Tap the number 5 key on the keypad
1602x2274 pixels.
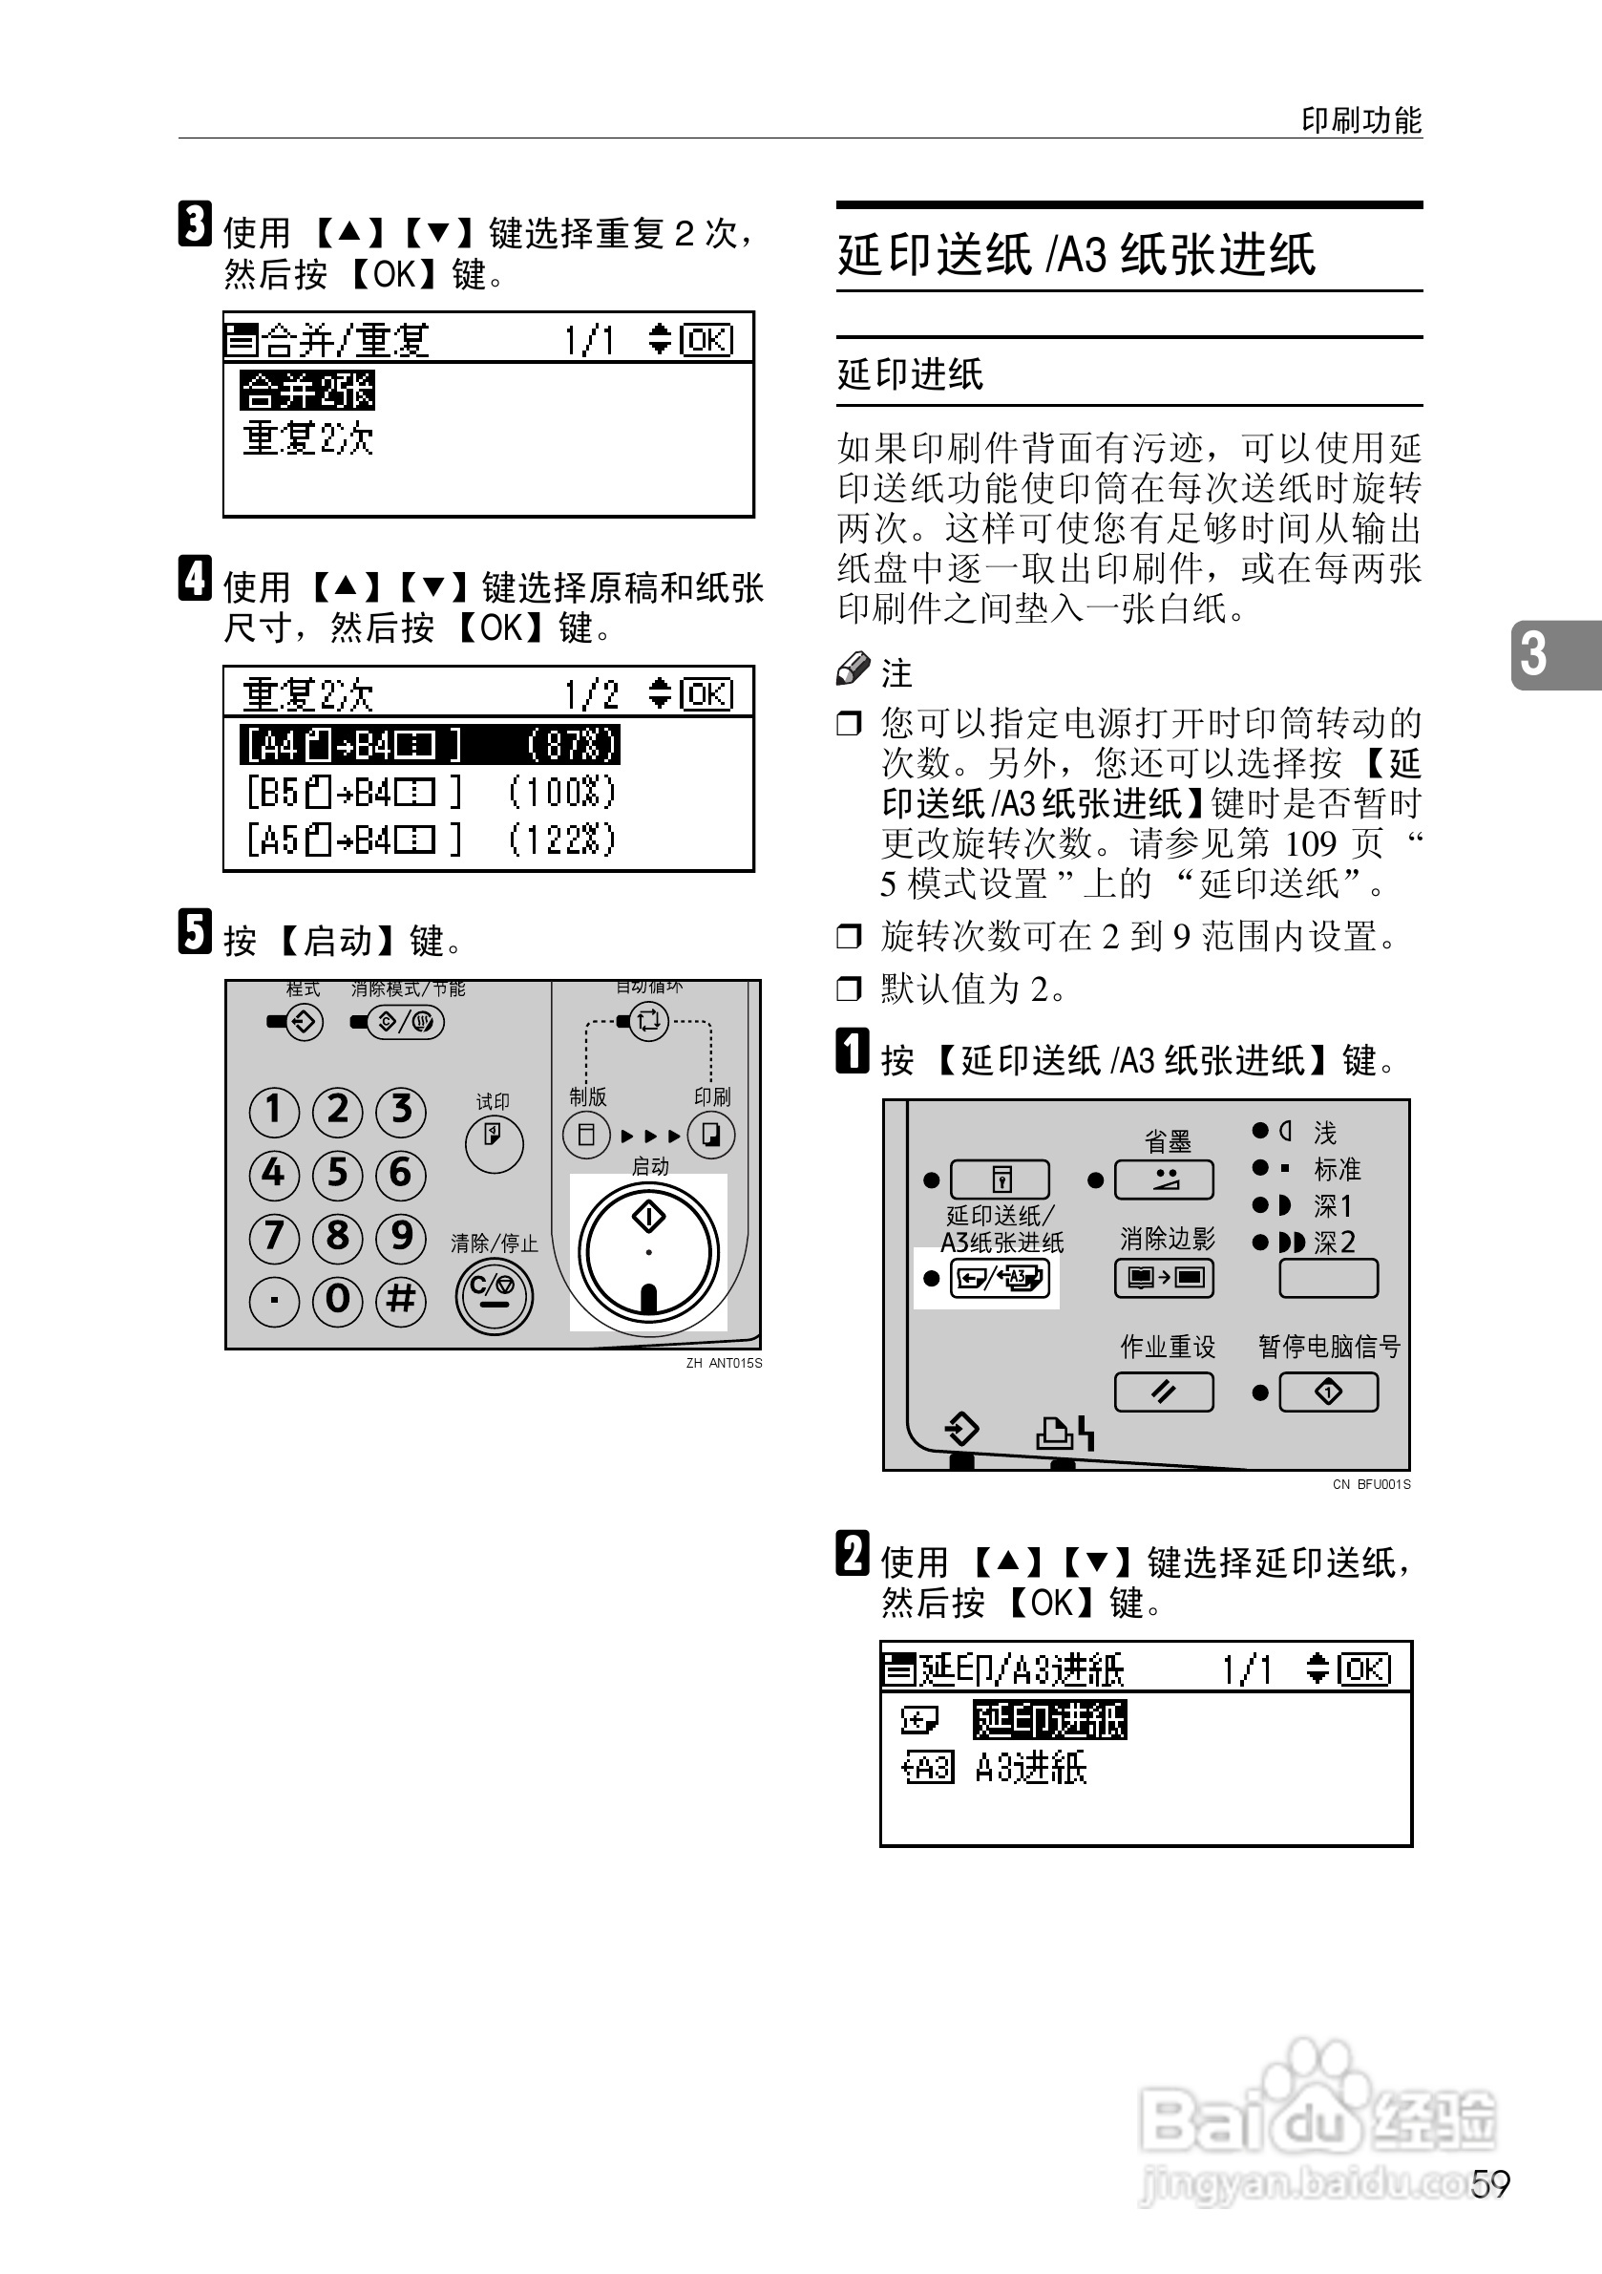point(337,1174)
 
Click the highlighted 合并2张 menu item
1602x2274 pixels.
point(306,391)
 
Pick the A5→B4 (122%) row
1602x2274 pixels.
point(430,839)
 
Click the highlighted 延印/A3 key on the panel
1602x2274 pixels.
point(998,1279)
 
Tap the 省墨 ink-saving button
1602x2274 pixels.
point(1165,1179)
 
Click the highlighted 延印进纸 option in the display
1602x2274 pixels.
point(1049,1719)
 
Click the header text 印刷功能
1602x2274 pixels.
point(1360,119)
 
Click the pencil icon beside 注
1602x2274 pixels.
point(853,669)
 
